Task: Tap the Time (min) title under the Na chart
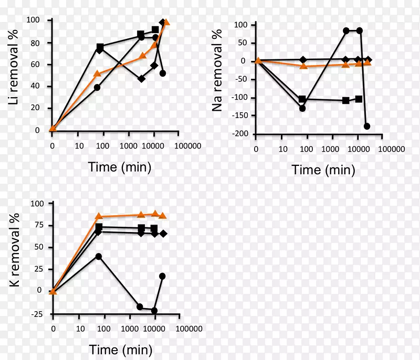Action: click(x=323, y=170)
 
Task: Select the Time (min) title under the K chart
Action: click(x=121, y=350)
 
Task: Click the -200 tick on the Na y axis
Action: click(x=239, y=134)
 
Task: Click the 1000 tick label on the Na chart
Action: click(x=331, y=149)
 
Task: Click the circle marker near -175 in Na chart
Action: click(x=367, y=126)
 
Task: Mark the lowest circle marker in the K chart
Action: click(x=154, y=311)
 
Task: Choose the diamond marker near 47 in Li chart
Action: click(x=141, y=79)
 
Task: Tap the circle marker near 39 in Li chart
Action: click(x=97, y=88)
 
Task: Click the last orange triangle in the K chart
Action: click(x=163, y=216)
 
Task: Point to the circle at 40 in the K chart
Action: click(x=98, y=257)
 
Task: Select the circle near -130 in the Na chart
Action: click(x=302, y=109)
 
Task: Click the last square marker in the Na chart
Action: click(x=359, y=99)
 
